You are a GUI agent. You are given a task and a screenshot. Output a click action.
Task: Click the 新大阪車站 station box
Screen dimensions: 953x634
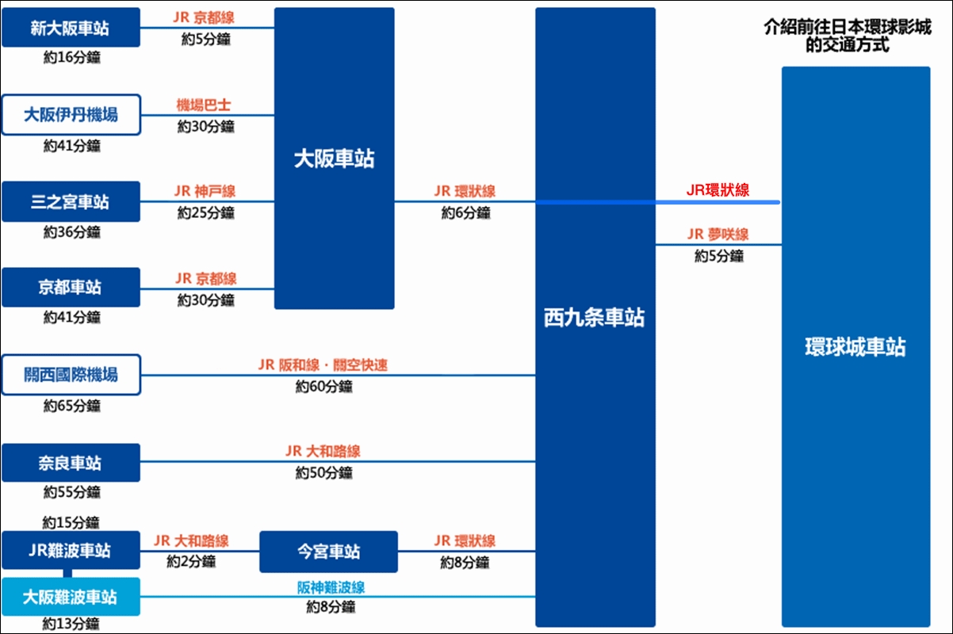(x=71, y=28)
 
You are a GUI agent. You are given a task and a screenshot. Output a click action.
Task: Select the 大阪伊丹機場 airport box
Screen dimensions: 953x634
(x=71, y=115)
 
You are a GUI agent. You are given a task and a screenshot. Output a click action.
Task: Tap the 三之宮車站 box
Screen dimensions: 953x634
(x=71, y=201)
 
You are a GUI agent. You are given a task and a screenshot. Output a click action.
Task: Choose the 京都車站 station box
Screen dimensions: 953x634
(x=71, y=288)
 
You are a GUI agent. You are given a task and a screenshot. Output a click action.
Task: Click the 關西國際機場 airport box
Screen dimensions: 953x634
(x=71, y=375)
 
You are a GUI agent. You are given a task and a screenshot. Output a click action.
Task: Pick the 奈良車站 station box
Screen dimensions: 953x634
(x=71, y=463)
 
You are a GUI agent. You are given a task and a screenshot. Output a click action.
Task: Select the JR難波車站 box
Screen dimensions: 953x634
(x=71, y=550)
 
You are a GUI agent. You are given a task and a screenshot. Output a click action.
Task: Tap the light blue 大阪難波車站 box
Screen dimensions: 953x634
(x=71, y=597)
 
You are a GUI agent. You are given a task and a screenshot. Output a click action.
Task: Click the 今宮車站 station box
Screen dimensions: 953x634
(x=328, y=552)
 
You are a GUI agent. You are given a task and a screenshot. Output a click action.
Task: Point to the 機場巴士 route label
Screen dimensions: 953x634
(x=204, y=105)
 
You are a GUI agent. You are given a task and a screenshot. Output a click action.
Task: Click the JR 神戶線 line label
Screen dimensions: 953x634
(x=205, y=191)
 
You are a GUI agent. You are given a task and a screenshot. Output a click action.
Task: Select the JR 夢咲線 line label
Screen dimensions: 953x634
(x=718, y=235)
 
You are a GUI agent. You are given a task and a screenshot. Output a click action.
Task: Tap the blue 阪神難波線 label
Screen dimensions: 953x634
(x=331, y=588)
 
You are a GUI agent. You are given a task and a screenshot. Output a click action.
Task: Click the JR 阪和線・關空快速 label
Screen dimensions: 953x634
(x=323, y=365)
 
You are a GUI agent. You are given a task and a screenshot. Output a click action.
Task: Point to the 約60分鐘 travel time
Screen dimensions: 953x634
(x=324, y=387)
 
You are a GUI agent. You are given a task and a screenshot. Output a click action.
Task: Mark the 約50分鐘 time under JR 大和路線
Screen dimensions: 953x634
(x=324, y=473)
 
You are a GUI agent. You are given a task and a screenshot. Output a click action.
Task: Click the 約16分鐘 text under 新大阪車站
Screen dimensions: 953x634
(x=72, y=57)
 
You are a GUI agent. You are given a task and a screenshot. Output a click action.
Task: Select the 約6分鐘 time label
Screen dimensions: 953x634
(x=466, y=212)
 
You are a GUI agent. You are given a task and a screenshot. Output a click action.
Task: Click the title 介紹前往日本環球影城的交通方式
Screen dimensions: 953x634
(x=848, y=36)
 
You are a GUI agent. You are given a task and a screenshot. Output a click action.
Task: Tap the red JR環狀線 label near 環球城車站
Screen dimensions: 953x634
(x=718, y=190)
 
